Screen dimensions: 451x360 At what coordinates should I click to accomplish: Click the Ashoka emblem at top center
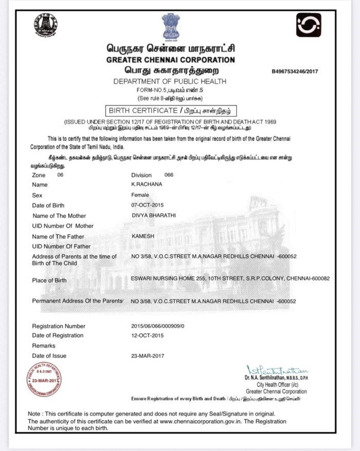(171, 26)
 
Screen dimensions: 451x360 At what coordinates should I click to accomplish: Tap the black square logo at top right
(308, 25)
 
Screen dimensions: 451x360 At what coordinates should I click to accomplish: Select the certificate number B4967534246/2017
(295, 71)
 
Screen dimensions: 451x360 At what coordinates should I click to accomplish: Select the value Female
(140, 195)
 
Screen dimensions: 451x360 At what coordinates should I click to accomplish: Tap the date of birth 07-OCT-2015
(148, 205)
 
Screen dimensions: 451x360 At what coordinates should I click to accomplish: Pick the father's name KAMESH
(143, 236)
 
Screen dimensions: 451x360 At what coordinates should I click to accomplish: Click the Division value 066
(169, 175)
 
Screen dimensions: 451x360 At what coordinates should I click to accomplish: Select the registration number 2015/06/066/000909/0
(161, 326)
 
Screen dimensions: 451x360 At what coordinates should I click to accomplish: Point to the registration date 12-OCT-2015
(148, 335)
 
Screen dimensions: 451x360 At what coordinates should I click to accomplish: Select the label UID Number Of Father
(61, 246)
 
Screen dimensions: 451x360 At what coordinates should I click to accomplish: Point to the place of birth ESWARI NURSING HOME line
(230, 278)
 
